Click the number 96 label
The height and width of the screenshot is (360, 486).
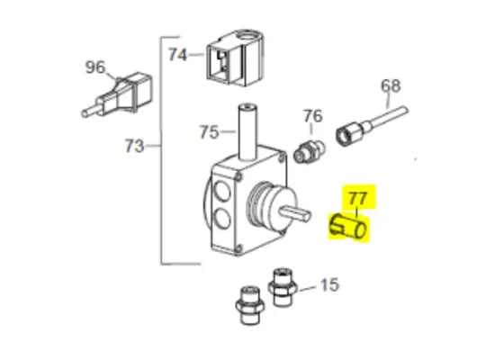pos(94,67)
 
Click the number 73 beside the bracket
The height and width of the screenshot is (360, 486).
pos(134,146)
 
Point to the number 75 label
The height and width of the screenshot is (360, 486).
pos(208,131)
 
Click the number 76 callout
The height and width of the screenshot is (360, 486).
pos(311,116)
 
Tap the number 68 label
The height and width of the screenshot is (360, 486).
pos(390,86)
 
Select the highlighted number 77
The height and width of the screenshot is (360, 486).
pos(357,197)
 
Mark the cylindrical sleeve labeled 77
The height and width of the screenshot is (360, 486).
pos(348,229)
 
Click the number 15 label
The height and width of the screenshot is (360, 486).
pos(329,286)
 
